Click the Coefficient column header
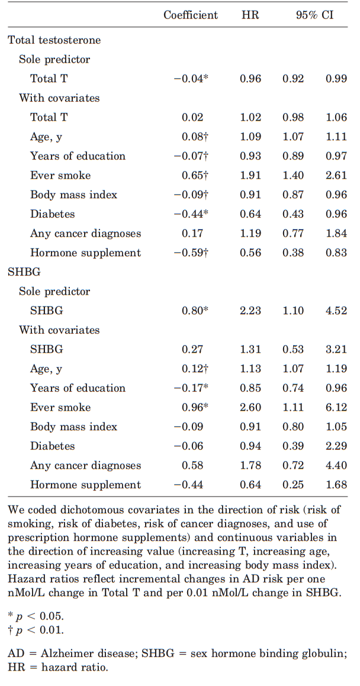191,15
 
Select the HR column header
250,15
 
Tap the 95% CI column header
314,15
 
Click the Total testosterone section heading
54,40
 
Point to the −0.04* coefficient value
191,79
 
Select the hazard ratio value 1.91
250,175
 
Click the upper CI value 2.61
336,175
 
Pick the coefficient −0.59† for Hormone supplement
191,253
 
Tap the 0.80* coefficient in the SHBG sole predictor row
195,311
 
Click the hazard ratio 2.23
250,311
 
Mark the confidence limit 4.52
336,311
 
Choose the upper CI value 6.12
336,407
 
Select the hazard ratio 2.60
250,407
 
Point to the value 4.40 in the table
336,465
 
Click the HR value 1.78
250,465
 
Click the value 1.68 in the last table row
336,485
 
